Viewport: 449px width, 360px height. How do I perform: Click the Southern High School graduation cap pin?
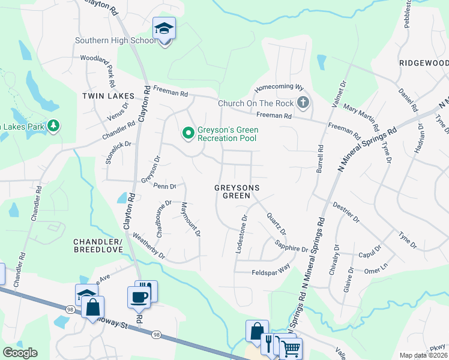163,29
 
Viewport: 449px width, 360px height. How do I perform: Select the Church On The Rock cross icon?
303,103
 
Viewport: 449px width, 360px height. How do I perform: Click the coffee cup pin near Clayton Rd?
139,297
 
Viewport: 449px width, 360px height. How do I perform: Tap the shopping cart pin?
291,347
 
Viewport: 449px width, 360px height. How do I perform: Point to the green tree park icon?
55,126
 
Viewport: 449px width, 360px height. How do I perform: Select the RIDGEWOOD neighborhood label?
424,63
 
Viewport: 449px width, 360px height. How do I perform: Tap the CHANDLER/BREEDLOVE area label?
98,246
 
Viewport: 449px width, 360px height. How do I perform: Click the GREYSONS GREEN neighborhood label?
237,192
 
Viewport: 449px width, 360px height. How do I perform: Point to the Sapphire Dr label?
291,245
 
